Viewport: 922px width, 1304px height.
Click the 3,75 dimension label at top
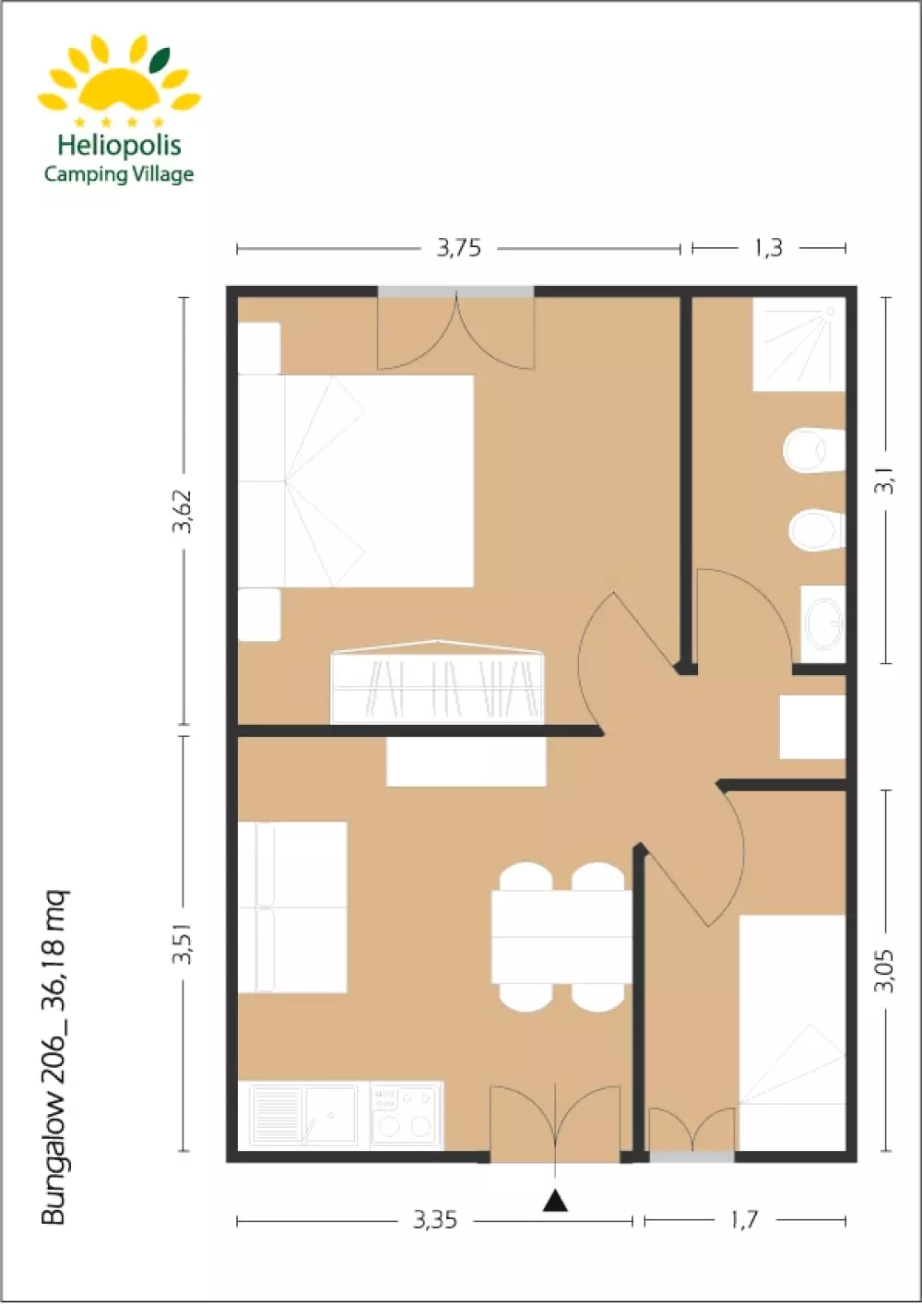458,248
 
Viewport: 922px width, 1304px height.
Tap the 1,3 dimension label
768,248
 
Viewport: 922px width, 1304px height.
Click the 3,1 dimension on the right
885,480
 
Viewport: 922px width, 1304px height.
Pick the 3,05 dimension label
885,970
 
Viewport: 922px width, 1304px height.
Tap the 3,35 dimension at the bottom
434,1221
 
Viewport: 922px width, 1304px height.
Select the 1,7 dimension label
743,1221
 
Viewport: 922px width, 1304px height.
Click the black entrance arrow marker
554,1201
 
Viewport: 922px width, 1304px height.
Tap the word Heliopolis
119,145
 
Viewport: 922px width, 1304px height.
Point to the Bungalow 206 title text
54,1057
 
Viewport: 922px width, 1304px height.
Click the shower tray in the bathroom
798,344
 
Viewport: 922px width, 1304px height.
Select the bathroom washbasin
822,623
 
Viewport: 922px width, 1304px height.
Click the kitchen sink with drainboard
303,1115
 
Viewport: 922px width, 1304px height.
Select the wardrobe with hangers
437,682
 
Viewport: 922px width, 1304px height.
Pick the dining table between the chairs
561,936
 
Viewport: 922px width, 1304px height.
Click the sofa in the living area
292,907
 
